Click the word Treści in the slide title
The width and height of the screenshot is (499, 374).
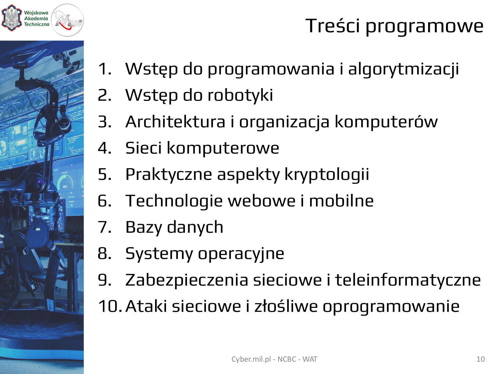pos(333,25)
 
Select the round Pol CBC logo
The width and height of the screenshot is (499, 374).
pos(67,20)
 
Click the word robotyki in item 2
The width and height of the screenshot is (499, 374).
pos(240,95)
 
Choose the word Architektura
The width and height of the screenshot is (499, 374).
pos(175,121)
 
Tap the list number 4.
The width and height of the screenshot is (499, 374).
pos(104,148)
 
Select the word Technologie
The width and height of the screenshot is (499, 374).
pos(174,201)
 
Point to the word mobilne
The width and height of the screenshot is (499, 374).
pos(341,201)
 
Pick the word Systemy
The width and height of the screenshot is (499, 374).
pos(159,254)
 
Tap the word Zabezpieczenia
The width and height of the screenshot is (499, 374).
pos(187,281)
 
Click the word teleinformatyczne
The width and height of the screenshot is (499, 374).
pos(408,281)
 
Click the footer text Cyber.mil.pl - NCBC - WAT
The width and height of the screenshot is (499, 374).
pos(274,359)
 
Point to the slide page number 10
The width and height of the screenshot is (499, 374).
pos(481,359)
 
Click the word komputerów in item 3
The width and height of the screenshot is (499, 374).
pos(386,122)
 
